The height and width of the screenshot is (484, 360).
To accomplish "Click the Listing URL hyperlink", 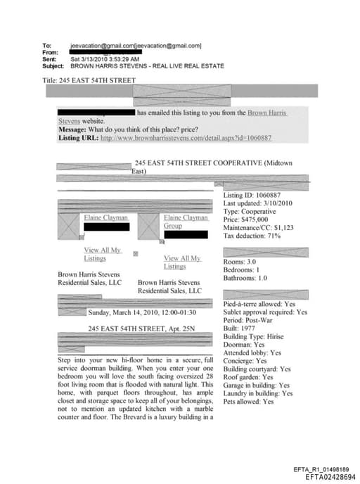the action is point(186,138).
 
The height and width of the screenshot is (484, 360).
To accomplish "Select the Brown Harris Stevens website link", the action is point(267,113).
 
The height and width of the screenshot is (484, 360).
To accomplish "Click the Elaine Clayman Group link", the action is point(185,222).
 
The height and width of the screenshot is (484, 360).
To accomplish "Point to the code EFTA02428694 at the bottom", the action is point(328,476).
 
